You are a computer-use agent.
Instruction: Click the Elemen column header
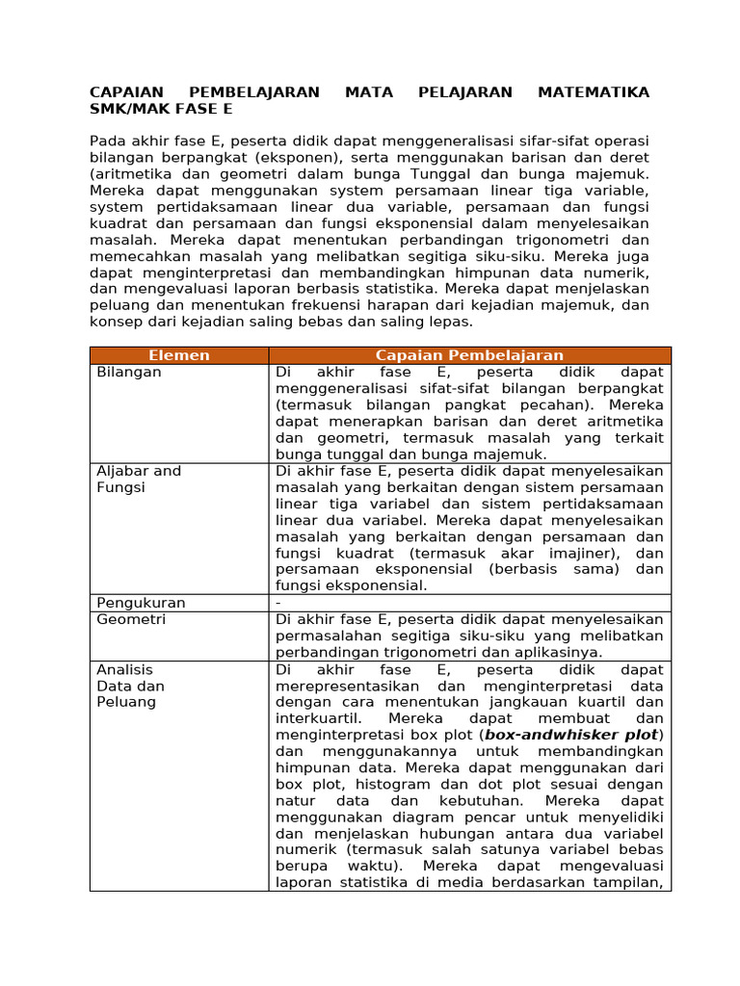(x=179, y=355)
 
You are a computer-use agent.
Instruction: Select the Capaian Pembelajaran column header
(x=469, y=355)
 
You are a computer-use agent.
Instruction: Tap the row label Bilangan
(x=129, y=372)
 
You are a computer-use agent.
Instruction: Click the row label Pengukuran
(x=141, y=603)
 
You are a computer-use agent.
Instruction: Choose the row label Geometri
(x=131, y=619)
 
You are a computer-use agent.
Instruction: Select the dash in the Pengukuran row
(x=278, y=603)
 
